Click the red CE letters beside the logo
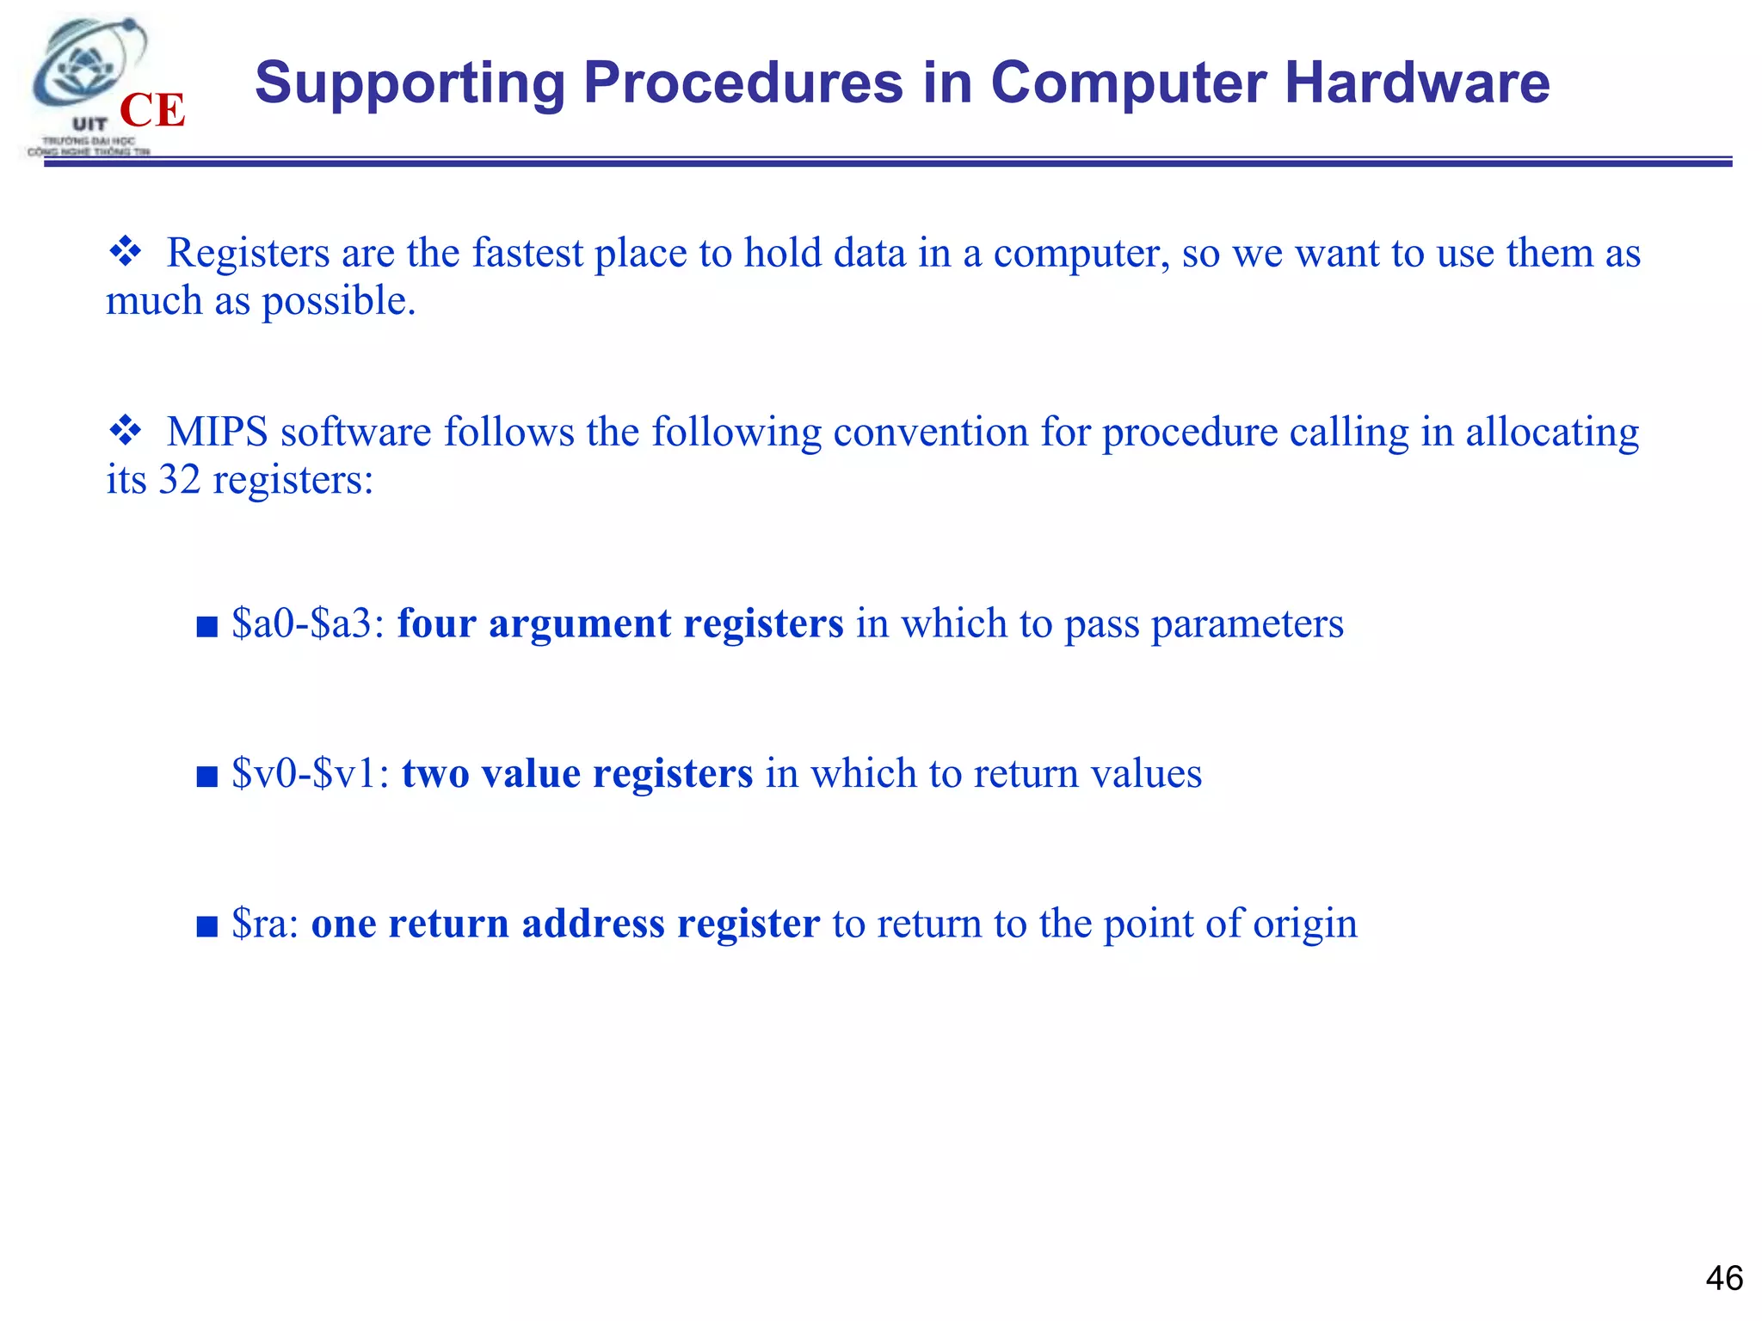coord(152,110)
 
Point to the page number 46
coord(1724,1278)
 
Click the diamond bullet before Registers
coord(126,252)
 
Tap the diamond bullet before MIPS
coord(126,430)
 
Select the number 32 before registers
coord(179,479)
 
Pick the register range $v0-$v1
coord(310,773)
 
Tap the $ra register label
coord(265,924)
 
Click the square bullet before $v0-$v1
coord(206,777)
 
